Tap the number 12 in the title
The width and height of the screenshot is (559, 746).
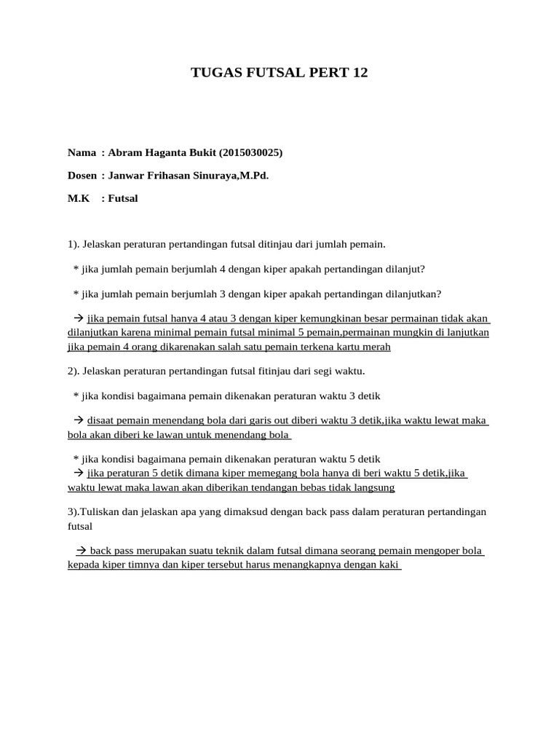[x=360, y=73]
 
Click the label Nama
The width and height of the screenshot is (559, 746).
[x=82, y=152]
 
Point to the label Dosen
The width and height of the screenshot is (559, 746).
[x=82, y=176]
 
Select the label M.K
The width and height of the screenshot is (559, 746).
[x=79, y=198]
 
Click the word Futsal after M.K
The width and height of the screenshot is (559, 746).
[x=123, y=198]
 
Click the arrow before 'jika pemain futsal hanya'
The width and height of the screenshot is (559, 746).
[x=79, y=318]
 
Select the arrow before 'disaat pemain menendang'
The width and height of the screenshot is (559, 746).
[x=79, y=421]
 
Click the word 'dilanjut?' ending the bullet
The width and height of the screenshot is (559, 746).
[x=404, y=269]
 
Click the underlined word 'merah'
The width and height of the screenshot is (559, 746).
[x=376, y=347]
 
